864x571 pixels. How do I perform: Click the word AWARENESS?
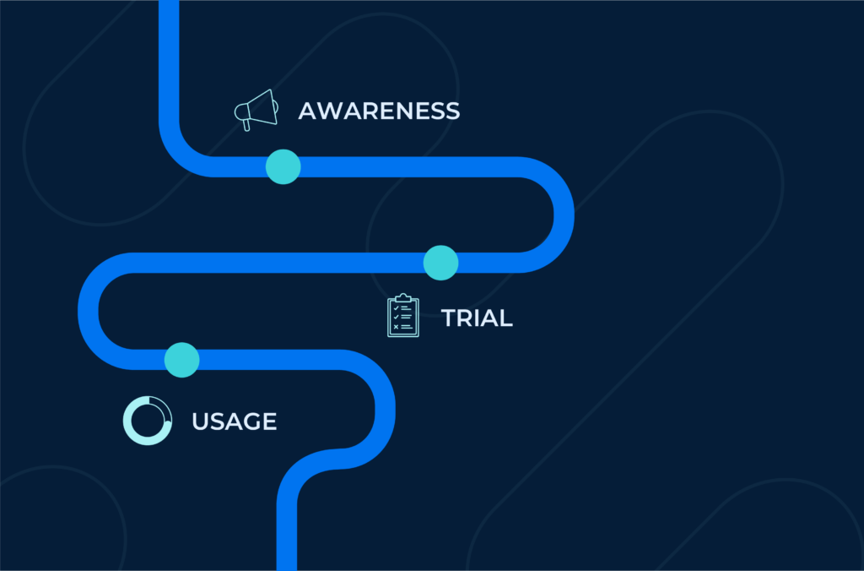tap(379, 111)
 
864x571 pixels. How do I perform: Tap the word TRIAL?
tap(477, 318)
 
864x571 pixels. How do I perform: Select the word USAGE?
tap(235, 421)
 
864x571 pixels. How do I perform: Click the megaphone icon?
tap(256, 110)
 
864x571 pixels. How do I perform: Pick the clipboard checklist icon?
tap(402, 315)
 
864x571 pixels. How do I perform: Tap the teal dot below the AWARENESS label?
tap(283, 166)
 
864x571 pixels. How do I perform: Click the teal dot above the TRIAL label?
tap(440, 263)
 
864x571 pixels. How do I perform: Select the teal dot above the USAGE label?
tap(182, 360)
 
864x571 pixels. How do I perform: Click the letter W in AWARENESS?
tap(332, 111)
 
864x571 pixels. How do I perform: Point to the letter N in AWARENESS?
tap(408, 111)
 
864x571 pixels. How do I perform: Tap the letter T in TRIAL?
tap(450, 318)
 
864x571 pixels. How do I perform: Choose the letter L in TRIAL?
tap(507, 318)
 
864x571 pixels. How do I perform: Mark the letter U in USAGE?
tap(200, 421)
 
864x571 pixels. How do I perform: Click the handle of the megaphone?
tap(246, 125)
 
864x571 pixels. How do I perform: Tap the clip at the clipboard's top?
tap(402, 298)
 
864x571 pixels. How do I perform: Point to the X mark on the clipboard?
tap(396, 327)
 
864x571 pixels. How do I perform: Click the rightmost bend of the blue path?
tap(564, 215)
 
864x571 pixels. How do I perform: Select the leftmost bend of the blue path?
tap(88, 311)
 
